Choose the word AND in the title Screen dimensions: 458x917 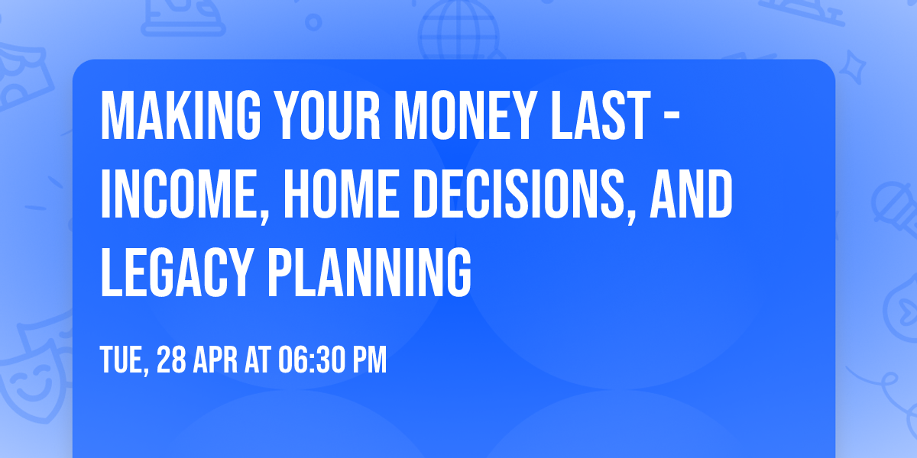(x=691, y=195)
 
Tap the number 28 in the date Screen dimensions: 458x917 (x=173, y=360)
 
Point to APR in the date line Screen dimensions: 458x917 (x=219, y=360)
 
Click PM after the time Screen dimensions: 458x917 (x=369, y=360)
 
